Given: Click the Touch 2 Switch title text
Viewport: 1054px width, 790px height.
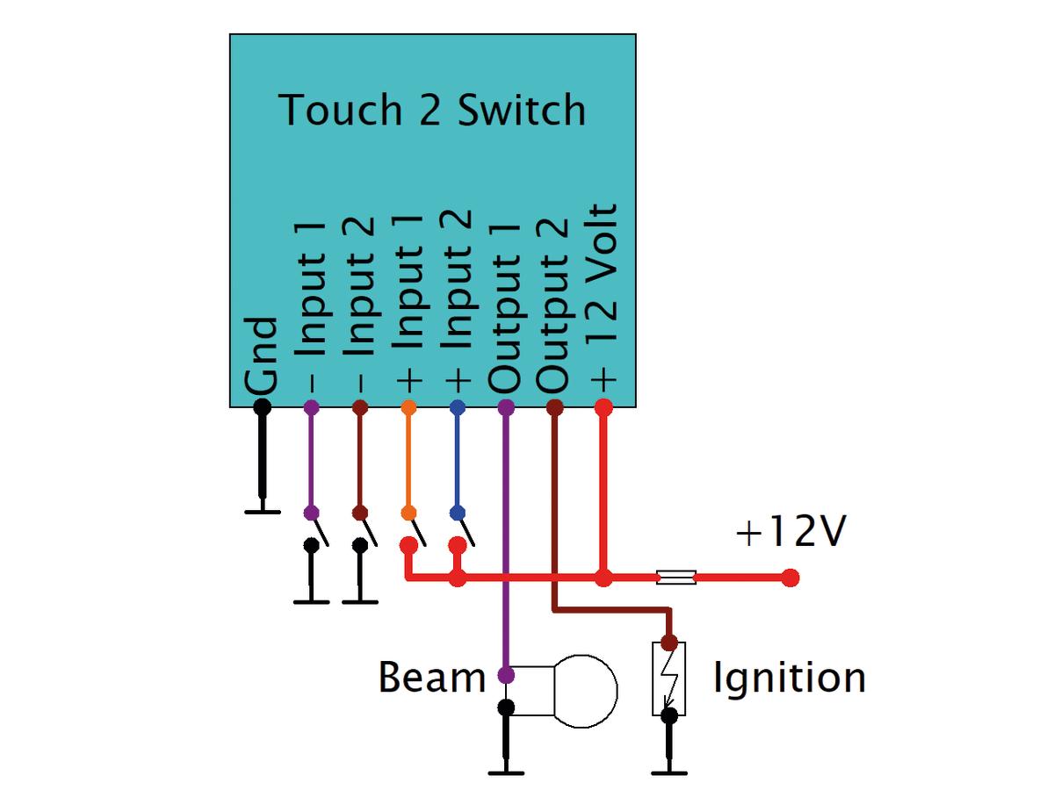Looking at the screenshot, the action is click(x=431, y=110).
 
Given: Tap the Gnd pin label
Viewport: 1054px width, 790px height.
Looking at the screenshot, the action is click(x=261, y=356).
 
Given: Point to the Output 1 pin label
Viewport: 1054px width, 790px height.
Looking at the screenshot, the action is click(x=505, y=308).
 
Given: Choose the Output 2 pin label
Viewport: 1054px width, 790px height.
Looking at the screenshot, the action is click(x=553, y=305).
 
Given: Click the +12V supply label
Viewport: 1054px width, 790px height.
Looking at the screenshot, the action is click(x=790, y=531).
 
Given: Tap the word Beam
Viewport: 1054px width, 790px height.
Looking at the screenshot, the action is click(x=431, y=677).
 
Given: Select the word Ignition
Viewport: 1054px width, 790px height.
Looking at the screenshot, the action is click(x=790, y=679).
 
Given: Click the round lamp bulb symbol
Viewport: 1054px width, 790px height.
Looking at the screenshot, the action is click(x=586, y=691).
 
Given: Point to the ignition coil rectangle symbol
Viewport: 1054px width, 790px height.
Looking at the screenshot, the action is click(x=668, y=679).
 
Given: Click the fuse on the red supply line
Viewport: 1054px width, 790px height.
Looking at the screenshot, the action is click(x=676, y=578).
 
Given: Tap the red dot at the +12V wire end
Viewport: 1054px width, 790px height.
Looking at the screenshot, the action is click(x=790, y=578).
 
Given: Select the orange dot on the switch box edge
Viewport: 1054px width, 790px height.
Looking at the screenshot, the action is click(x=408, y=407).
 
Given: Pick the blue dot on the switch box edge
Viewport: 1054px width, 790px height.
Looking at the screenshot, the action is click(x=457, y=407).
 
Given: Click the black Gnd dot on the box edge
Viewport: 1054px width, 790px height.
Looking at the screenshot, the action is click(x=262, y=407).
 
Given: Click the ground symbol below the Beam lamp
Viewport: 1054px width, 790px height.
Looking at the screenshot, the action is click(x=506, y=772).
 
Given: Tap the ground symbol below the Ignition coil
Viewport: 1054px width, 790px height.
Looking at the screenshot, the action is click(x=669, y=772).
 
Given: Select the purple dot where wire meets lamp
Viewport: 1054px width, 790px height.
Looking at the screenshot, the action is click(x=506, y=675).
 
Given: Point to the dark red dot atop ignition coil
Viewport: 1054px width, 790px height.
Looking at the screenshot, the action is click(x=669, y=643).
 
